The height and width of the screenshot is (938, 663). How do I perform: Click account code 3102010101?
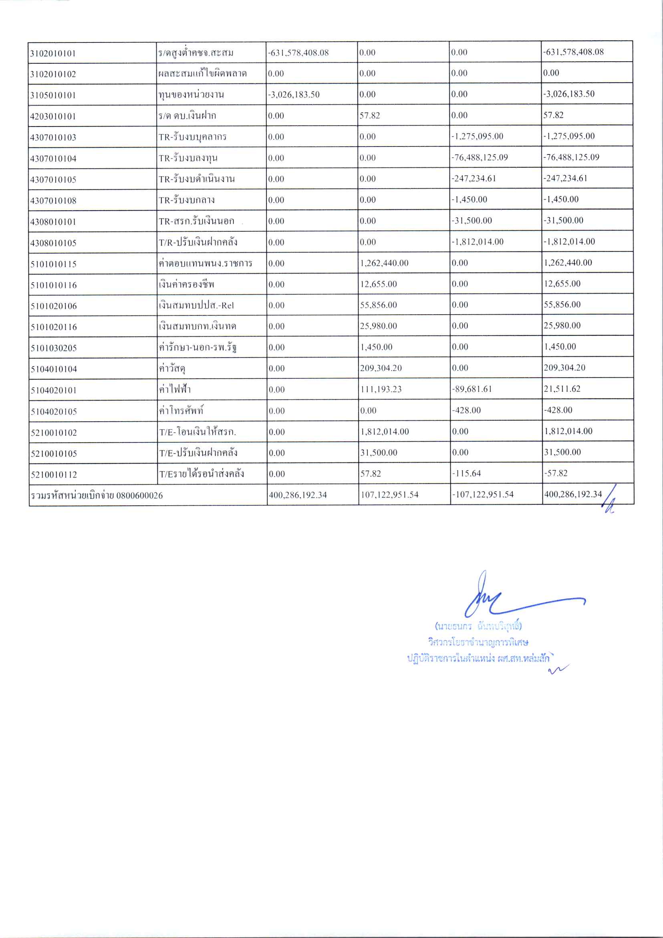click(53, 54)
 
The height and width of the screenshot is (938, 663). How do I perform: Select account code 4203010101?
click(53, 116)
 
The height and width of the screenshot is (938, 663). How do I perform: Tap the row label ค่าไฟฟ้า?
click(175, 389)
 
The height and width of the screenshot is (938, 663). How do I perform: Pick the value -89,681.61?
click(472, 389)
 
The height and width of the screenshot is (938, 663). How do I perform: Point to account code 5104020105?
click(54, 412)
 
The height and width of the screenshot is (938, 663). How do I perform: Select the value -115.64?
click(466, 474)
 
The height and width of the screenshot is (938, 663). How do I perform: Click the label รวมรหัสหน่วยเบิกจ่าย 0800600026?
click(97, 496)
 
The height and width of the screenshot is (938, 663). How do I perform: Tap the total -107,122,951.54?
click(482, 495)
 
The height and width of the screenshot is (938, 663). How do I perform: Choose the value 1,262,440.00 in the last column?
click(568, 263)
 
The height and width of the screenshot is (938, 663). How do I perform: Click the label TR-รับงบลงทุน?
click(188, 158)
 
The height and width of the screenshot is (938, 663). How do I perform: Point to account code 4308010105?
click(53, 243)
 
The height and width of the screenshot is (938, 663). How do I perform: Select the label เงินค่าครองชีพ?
click(186, 284)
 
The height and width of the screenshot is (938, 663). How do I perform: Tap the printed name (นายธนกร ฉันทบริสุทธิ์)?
click(478, 626)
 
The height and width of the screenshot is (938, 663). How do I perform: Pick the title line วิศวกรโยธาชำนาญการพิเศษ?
click(478, 642)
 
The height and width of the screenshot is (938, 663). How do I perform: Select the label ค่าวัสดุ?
click(172, 368)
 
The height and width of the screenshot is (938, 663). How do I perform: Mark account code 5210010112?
click(54, 475)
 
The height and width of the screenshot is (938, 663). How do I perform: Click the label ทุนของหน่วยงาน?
click(191, 95)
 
